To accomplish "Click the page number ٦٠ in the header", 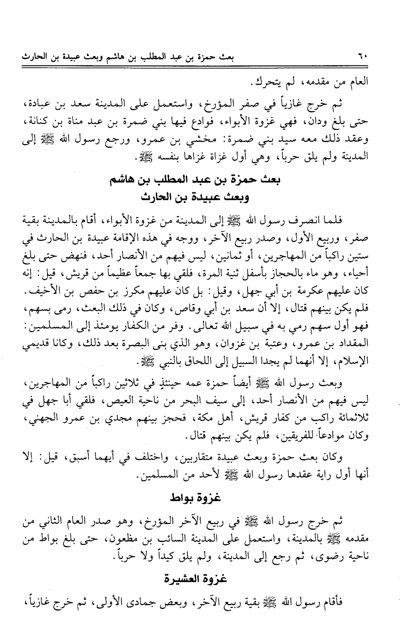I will point(363,58).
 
